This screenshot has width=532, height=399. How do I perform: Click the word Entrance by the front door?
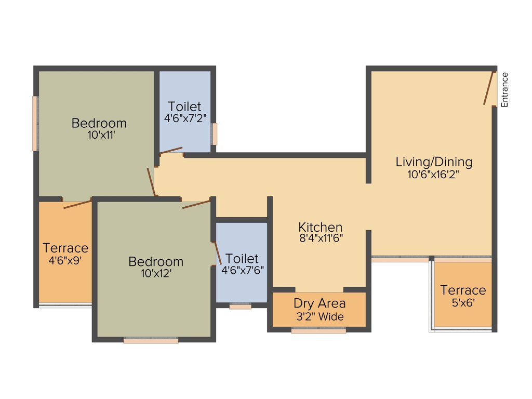point(504,90)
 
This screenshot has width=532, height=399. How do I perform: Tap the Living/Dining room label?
point(434,162)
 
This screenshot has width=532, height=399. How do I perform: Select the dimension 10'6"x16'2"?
point(434,175)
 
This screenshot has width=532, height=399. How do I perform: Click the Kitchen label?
point(321,227)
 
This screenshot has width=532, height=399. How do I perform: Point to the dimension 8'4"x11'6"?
point(321,238)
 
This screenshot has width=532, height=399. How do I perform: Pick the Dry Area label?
point(320,303)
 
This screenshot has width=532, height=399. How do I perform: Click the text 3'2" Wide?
point(320,316)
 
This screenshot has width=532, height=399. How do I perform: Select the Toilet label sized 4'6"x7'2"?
point(184,107)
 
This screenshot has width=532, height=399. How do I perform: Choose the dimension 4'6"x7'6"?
point(242,270)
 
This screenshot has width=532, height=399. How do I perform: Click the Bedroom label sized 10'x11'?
point(99,124)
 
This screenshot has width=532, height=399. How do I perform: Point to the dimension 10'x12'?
point(156,273)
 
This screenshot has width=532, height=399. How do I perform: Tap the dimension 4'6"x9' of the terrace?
point(65,260)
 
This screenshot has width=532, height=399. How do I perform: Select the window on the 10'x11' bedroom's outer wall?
point(35,123)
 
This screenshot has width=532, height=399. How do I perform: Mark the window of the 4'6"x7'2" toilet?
point(214,134)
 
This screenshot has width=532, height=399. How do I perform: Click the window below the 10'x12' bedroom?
point(151,341)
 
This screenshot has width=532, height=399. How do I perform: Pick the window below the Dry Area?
point(318,330)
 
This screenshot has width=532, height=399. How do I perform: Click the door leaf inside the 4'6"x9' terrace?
point(78,203)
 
